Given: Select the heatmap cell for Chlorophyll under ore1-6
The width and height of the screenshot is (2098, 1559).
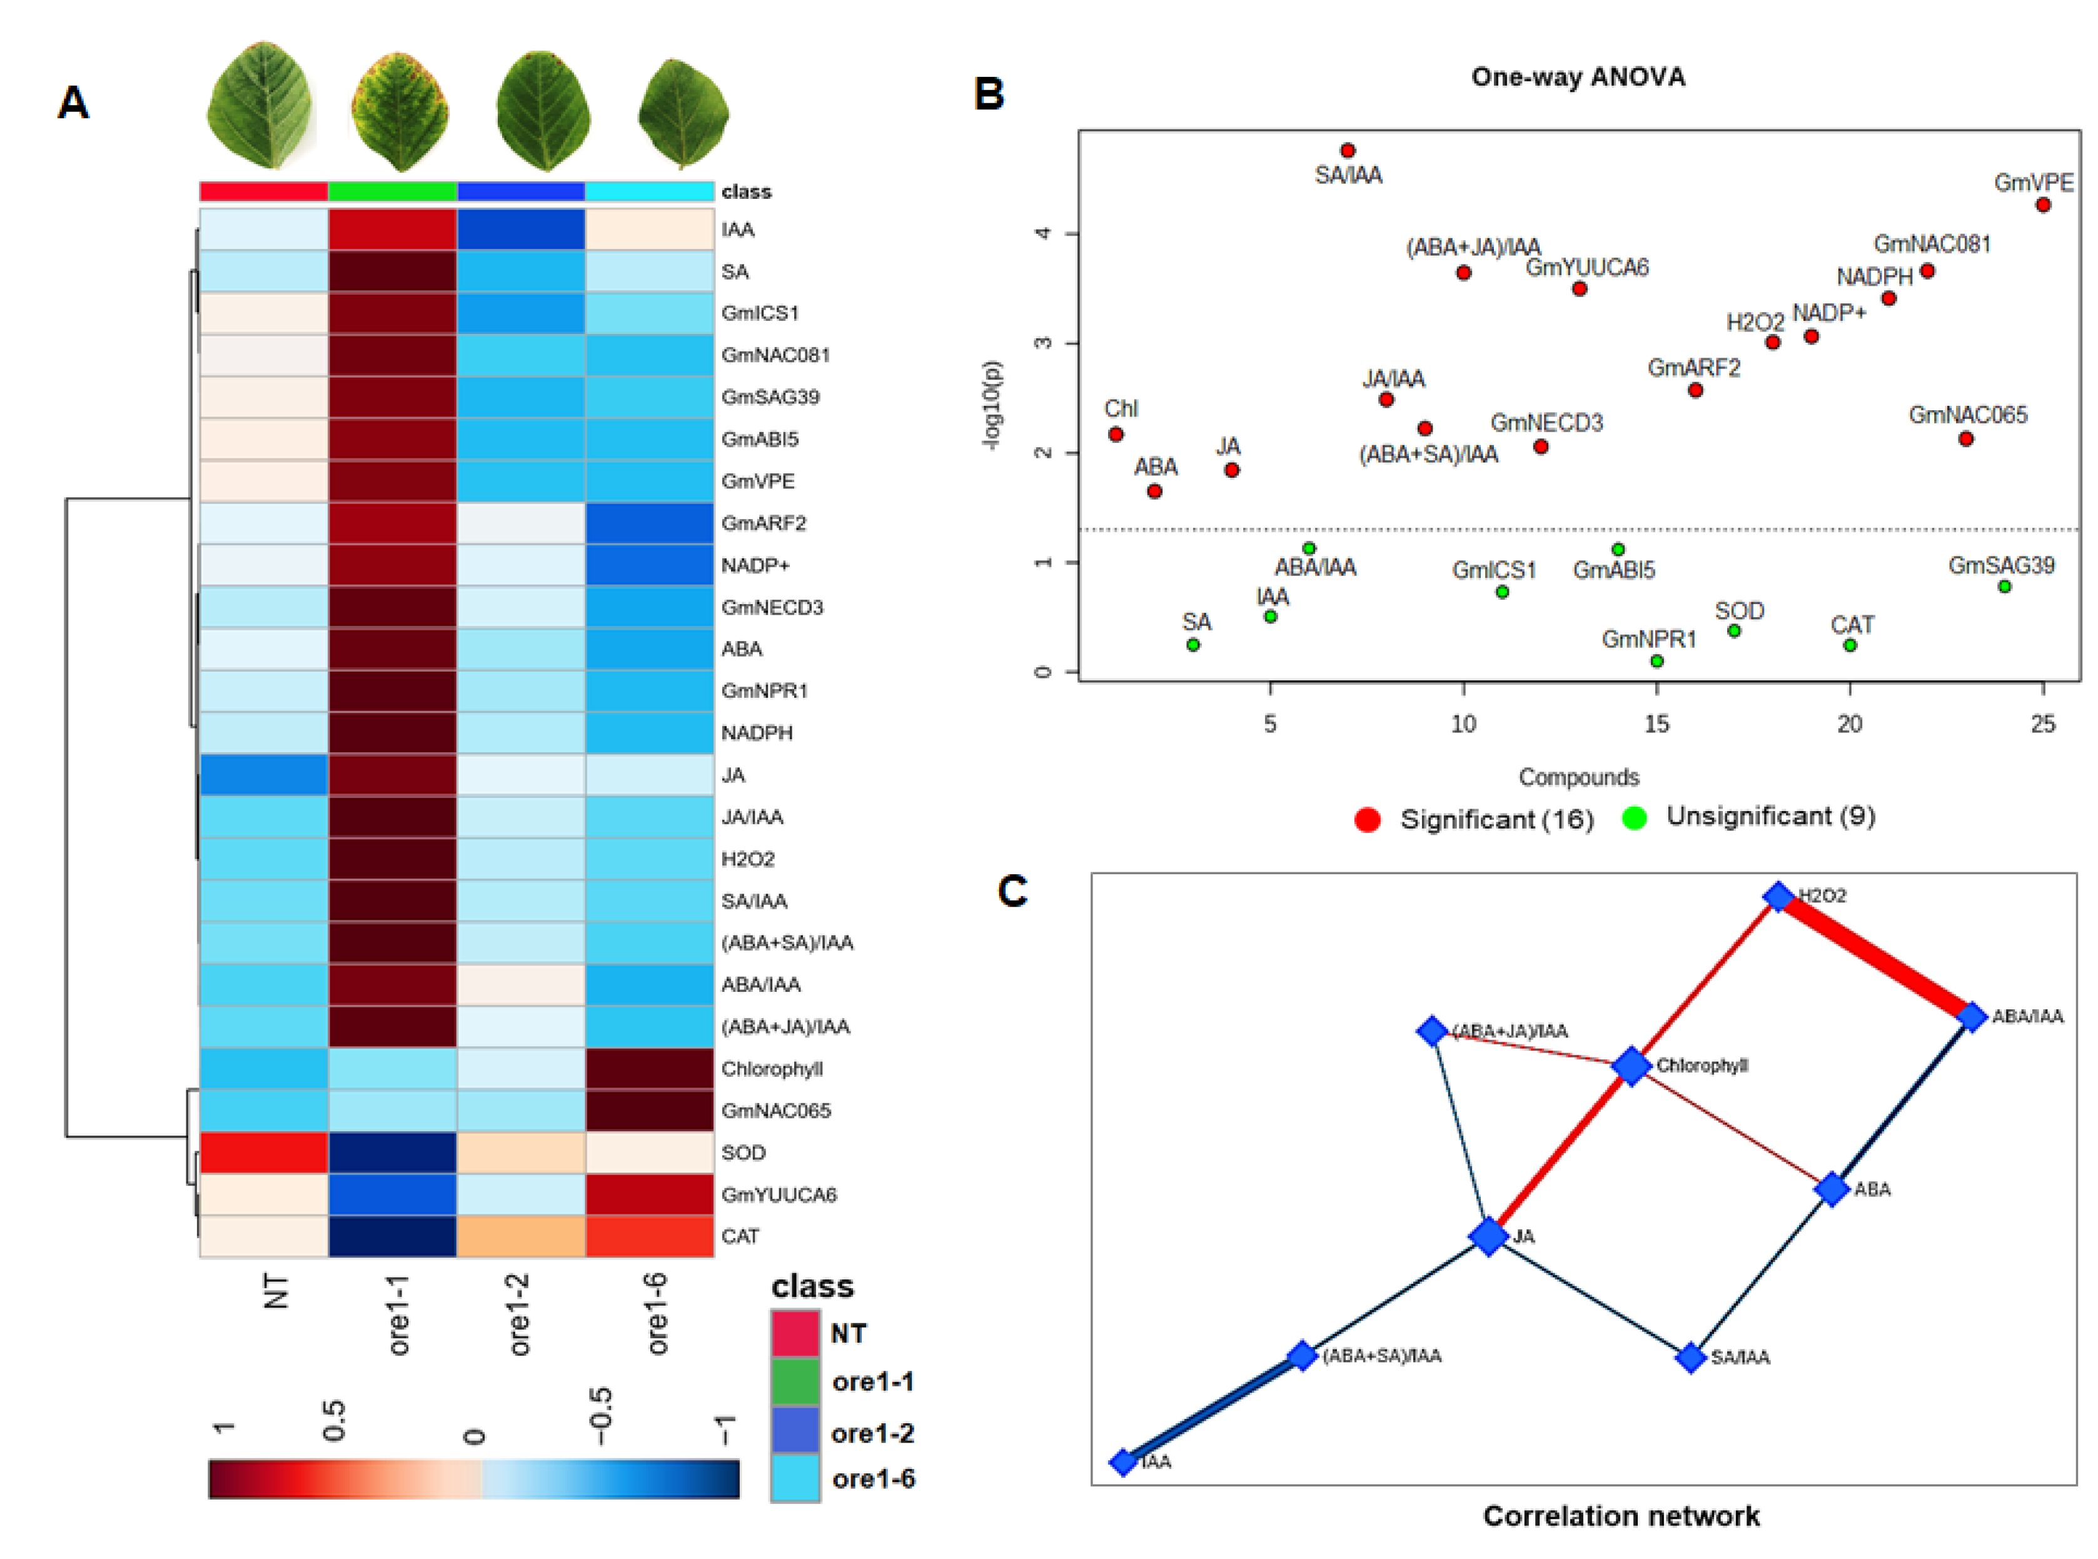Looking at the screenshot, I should coord(649,1068).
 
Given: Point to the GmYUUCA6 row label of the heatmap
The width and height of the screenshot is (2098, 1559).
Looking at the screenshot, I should coord(779,1194).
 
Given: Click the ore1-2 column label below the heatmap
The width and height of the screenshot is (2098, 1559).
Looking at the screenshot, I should coord(518,1314).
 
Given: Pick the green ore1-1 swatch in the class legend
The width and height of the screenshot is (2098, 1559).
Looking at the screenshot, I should coord(795,1381).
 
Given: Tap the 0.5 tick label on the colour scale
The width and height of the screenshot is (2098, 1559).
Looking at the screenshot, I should coord(334,1420).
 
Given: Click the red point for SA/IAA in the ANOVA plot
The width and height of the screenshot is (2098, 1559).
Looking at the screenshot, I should coord(1348,151).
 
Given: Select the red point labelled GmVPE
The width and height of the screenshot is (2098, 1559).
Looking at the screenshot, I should coord(2043,204).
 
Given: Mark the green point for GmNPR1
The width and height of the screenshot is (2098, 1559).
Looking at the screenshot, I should coord(1657,660).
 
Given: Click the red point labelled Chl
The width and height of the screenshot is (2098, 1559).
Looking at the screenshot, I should coord(1116,434).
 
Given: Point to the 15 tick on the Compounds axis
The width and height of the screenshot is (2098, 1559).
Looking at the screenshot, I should coord(1657,724).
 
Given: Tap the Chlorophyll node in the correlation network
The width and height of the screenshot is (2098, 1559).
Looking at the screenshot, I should coord(1631,1066).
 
